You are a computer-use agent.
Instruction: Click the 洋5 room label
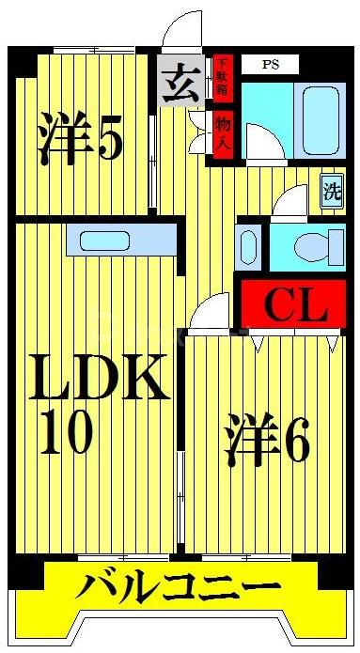coord(80,139)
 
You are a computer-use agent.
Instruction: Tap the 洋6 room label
coord(268,441)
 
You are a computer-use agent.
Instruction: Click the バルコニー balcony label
coord(178,589)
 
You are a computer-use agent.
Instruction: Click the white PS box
coord(270,65)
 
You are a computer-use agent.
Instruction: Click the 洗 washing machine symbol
coord(332,192)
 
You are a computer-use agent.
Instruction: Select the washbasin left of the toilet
coord(246,247)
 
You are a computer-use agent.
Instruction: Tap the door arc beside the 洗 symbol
coord(291,202)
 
